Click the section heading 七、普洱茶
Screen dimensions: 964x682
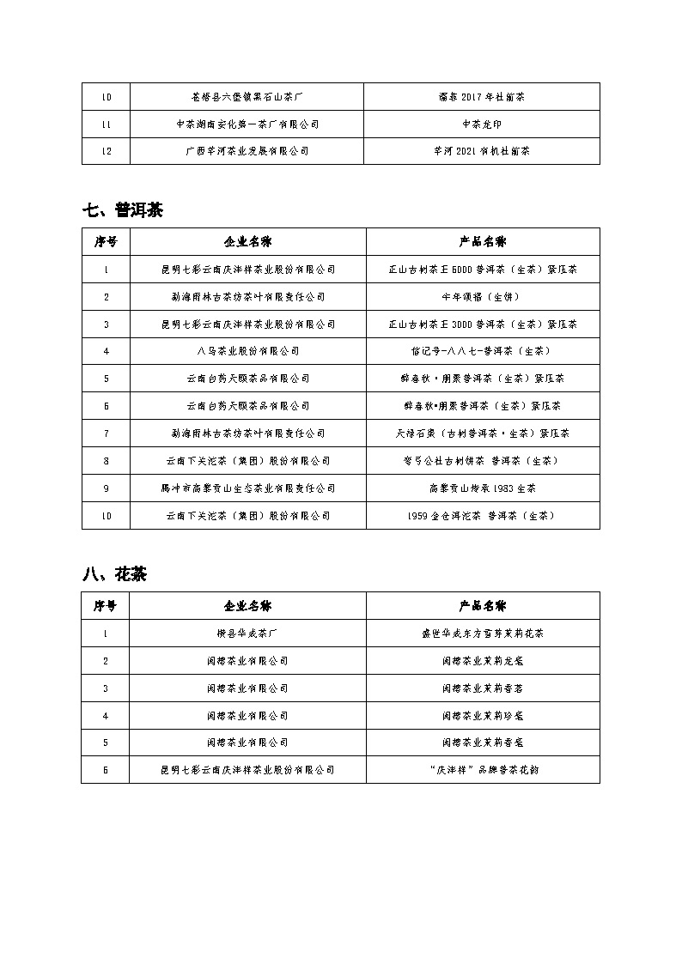pyautogui.click(x=123, y=210)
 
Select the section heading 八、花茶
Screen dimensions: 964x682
pyautogui.click(x=114, y=574)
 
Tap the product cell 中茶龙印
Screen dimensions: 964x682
pyautogui.click(x=482, y=124)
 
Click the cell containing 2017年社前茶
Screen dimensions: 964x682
pyautogui.click(x=482, y=96)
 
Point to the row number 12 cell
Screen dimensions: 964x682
pyautogui.click(x=106, y=151)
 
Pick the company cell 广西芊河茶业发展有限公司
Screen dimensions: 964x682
pyautogui.click(x=247, y=151)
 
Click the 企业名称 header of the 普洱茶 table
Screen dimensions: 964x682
pyautogui.click(x=247, y=241)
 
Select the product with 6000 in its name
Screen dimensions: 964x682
pyautogui.click(x=482, y=269)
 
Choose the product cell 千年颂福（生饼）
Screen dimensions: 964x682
pyautogui.click(x=482, y=296)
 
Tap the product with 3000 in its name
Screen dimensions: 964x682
pyautogui.click(x=482, y=324)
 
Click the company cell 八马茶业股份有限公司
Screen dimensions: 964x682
pyautogui.click(x=247, y=351)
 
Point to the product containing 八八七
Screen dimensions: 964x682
pyautogui.click(x=482, y=351)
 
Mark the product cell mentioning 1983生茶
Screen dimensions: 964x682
pyautogui.click(x=482, y=488)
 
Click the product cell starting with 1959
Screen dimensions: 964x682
pyautogui.click(x=482, y=515)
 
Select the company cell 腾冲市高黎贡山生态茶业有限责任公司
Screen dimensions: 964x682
pyautogui.click(x=247, y=488)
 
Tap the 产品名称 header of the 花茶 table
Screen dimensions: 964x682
pyautogui.click(x=482, y=605)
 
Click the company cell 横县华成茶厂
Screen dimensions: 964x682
pyautogui.click(x=247, y=634)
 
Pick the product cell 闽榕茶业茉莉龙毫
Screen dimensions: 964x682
pyautogui.click(x=482, y=661)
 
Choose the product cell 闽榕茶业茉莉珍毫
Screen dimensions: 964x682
pyautogui.click(x=482, y=715)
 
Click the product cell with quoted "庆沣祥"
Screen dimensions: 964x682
pyautogui.click(x=482, y=770)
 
